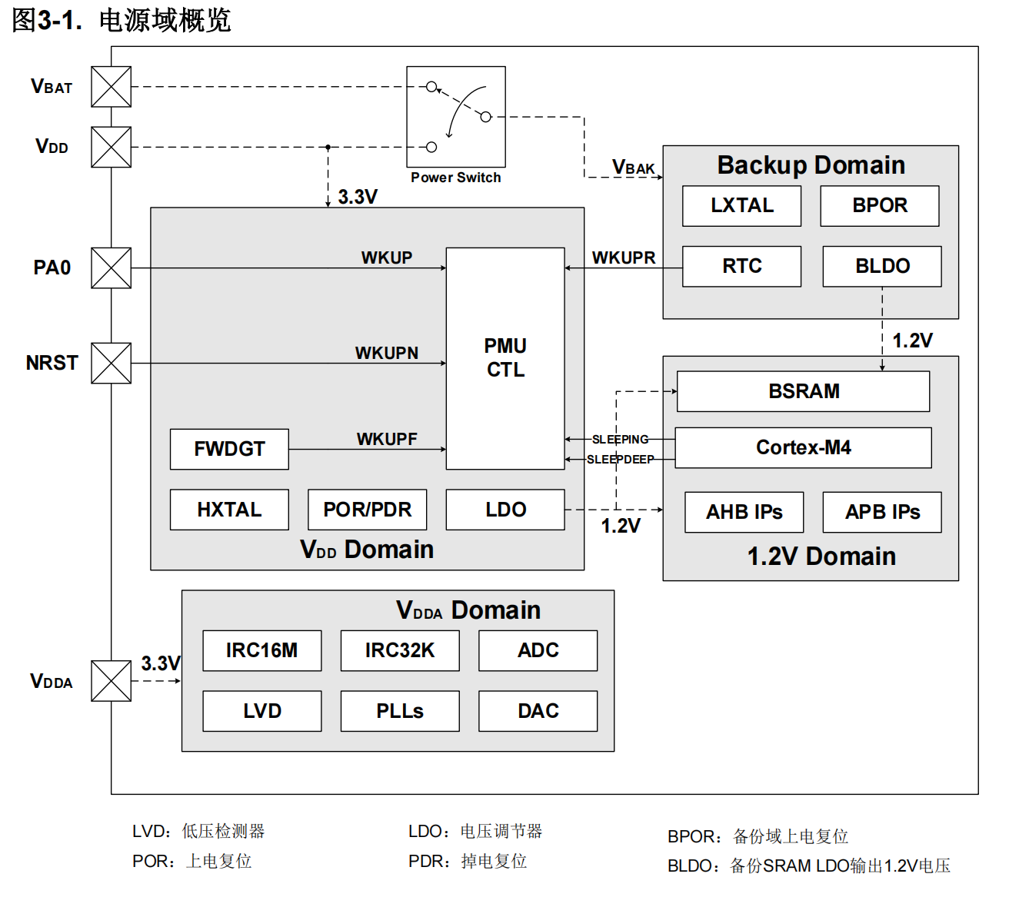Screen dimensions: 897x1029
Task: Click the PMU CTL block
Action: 505,358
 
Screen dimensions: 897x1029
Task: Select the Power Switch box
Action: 456,117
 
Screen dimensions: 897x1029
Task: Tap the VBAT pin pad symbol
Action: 112,87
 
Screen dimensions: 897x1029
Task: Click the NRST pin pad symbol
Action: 112,363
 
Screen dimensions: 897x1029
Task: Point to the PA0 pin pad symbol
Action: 112,267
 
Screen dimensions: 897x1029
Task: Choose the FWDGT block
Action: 229,449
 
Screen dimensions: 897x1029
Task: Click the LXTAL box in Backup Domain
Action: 741,206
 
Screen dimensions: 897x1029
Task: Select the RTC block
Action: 741,266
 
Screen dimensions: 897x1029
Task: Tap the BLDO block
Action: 882,266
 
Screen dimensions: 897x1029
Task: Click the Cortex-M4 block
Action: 803,447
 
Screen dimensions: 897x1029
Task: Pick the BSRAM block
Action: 803,391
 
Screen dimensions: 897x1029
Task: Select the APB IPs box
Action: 882,512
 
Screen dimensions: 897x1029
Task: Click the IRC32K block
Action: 400,650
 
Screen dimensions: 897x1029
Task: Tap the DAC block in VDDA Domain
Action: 538,711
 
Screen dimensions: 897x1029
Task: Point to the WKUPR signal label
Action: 624,257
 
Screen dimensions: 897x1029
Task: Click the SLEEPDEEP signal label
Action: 620,460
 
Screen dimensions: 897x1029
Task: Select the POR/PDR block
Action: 367,510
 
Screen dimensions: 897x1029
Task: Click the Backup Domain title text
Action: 811,165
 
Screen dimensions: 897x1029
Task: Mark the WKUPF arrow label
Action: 387,439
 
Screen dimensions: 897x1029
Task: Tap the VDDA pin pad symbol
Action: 112,681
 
